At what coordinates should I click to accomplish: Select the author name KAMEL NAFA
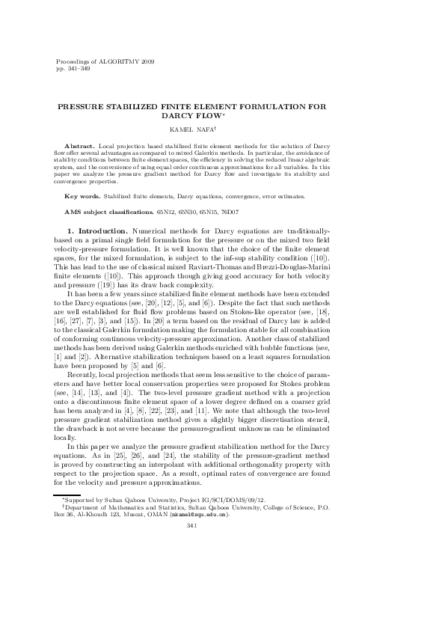pos(193,129)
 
